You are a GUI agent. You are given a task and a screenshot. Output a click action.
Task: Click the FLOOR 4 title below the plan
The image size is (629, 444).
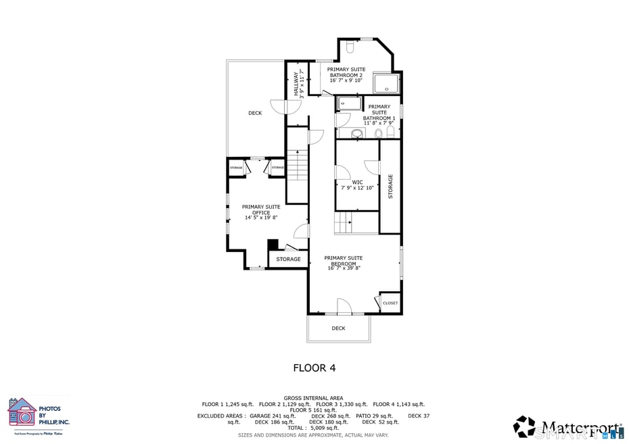(x=314, y=368)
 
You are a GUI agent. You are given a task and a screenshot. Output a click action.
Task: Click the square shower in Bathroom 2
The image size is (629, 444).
(x=386, y=83)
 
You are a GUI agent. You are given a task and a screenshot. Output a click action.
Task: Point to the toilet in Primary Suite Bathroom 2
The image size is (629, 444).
(x=350, y=47)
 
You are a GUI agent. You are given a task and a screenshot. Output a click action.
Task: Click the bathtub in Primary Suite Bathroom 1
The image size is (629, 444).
(x=350, y=103)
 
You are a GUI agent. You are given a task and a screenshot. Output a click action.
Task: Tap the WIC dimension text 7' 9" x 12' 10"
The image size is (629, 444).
(x=357, y=188)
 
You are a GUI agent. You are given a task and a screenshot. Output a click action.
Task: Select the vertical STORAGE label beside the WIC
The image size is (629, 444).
(x=390, y=187)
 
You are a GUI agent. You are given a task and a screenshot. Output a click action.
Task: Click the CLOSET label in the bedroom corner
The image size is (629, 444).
(x=390, y=303)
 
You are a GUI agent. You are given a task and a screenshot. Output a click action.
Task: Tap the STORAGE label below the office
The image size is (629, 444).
(x=288, y=260)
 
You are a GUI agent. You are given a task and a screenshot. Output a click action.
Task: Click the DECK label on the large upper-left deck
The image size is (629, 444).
(x=255, y=113)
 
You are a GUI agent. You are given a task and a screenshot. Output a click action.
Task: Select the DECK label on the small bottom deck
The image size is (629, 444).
(x=338, y=328)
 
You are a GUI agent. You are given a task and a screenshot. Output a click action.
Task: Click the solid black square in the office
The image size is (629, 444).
(x=273, y=245)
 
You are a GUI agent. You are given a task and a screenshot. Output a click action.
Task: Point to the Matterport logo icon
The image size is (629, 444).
(x=524, y=426)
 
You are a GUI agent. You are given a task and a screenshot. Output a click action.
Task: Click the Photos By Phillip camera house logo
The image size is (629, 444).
(x=22, y=413)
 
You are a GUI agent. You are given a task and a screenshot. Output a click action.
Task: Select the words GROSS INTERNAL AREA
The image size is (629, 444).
(x=313, y=398)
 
